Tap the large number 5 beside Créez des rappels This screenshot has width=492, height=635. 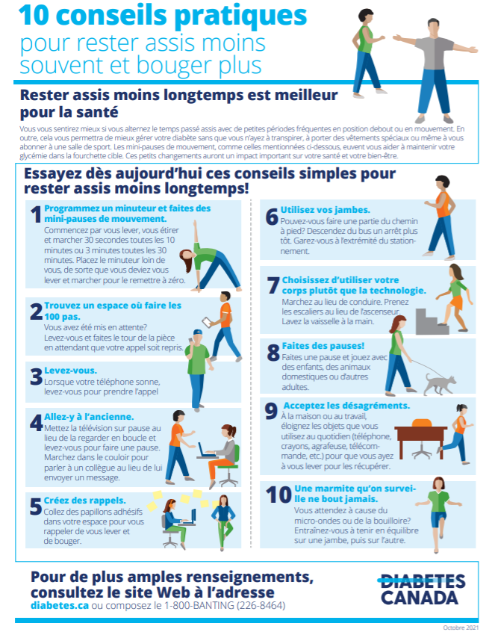tap(35, 507)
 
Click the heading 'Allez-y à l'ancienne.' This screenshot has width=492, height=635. tap(89, 416)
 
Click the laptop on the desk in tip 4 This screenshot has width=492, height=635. tap(206, 450)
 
